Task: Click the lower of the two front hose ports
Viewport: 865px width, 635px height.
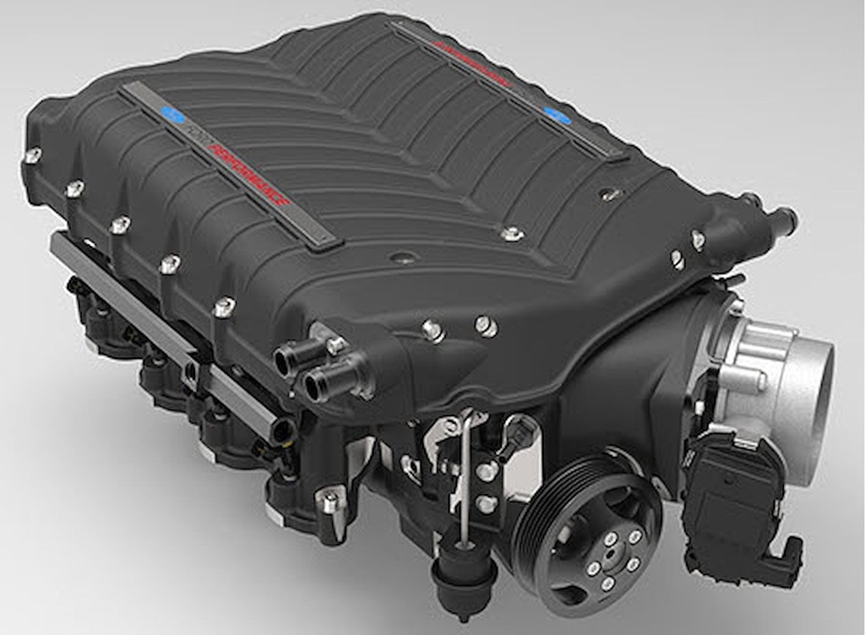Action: tap(318, 387)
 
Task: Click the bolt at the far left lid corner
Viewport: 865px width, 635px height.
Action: tap(33, 155)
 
